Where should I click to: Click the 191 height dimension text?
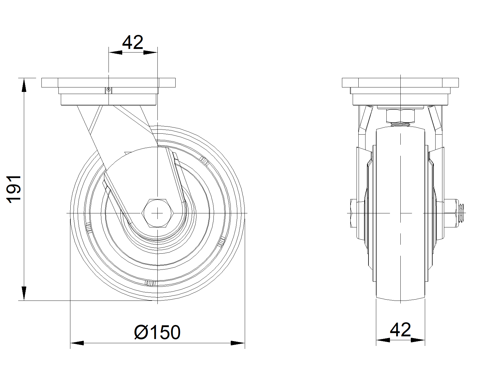click(14, 189)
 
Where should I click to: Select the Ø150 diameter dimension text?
click(157, 332)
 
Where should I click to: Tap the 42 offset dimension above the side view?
click(133, 42)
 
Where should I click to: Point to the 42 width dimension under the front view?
click(400, 330)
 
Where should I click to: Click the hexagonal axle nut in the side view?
click(157, 213)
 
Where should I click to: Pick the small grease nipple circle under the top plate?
click(109, 90)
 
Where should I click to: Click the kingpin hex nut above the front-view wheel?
click(400, 116)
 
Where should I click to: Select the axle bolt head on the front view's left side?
click(354, 213)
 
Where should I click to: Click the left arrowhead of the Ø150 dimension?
click(77, 343)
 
